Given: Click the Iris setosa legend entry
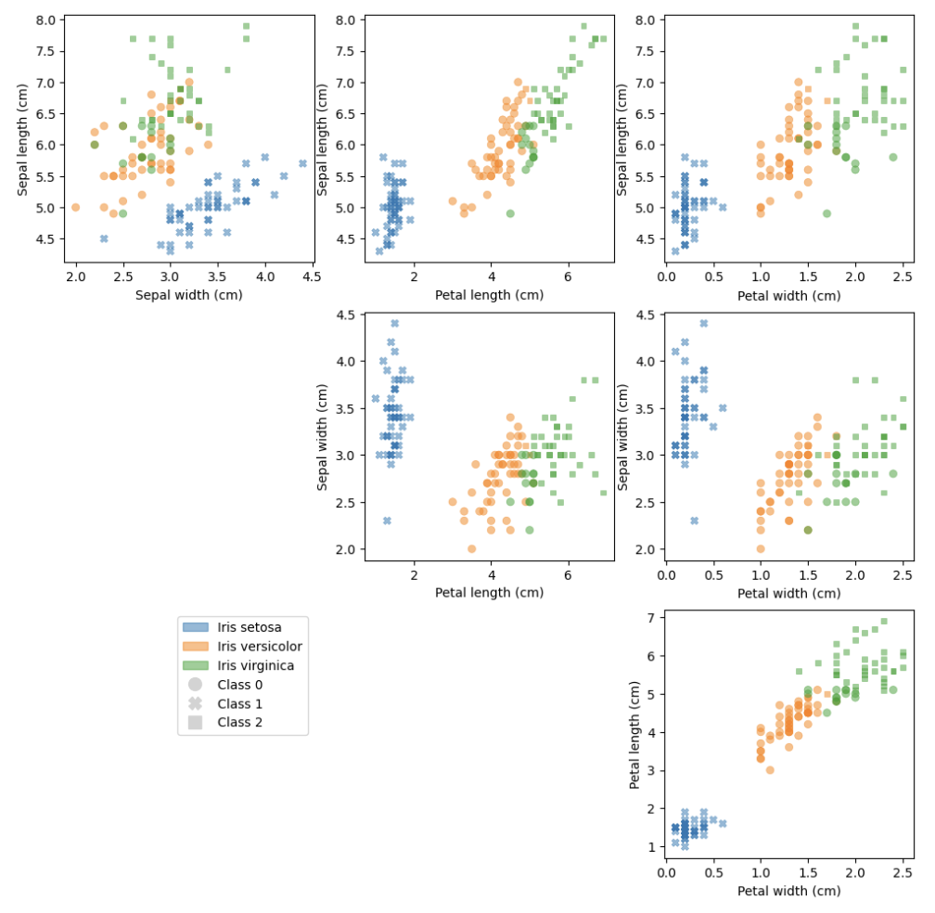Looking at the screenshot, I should pyautogui.click(x=249, y=627).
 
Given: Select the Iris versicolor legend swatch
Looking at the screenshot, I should pyautogui.click(x=196, y=647).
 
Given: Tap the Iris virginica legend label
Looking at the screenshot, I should pyautogui.click(x=255, y=665).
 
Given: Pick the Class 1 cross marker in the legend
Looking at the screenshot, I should pyautogui.click(x=196, y=703).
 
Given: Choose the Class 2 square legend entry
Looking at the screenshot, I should pyautogui.click(x=196, y=722).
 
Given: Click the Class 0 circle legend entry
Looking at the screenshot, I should pyautogui.click(x=196, y=685).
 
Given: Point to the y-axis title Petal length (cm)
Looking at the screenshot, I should pyautogui.click(x=636, y=735).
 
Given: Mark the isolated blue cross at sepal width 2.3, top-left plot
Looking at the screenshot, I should pyautogui.click(x=104, y=238).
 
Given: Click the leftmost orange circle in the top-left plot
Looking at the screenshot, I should pyautogui.click(x=76, y=207).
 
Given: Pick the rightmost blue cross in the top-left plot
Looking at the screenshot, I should pyautogui.click(x=302, y=163).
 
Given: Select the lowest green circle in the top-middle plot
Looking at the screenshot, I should pyautogui.click(x=510, y=213).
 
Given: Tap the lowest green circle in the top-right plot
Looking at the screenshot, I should pyautogui.click(x=826, y=213).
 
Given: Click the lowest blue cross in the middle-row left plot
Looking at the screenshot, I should pyautogui.click(x=387, y=521).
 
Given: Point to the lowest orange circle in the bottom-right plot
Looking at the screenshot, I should pyautogui.click(x=770, y=770).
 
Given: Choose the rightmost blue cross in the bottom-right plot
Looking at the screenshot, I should pyautogui.click(x=723, y=823).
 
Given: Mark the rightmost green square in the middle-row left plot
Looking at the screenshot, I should pyautogui.click(x=603, y=493).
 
